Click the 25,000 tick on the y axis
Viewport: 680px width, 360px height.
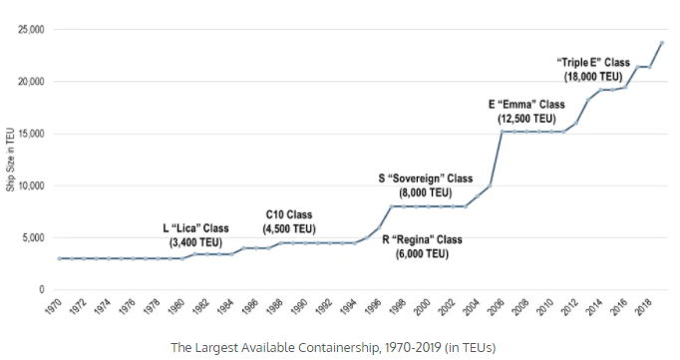pos(31,30)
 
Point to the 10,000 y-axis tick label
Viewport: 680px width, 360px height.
pos(31,186)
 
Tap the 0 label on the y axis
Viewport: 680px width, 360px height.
pos(42,290)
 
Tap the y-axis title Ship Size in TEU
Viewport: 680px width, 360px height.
pos(10,160)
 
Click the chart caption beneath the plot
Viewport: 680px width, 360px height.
pos(333,347)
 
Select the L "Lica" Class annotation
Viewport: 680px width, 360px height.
pos(195,228)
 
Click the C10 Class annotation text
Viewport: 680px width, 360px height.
pos(289,214)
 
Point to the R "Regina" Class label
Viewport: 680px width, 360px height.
pos(422,240)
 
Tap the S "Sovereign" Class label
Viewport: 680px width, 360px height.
pos(426,179)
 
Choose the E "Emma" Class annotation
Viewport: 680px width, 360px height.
pos(526,105)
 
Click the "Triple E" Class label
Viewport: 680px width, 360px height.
pos(593,63)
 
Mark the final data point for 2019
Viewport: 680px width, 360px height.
pos(662,43)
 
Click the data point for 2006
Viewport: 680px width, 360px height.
pos(502,132)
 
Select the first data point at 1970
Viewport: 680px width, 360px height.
pos(59,258)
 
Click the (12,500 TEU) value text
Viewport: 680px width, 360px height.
pos(526,119)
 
